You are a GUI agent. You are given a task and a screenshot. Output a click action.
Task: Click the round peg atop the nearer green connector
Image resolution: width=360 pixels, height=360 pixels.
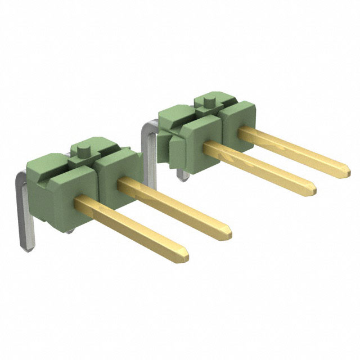click(83, 151)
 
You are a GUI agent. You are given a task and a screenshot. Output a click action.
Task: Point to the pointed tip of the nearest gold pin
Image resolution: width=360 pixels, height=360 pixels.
click(184, 256)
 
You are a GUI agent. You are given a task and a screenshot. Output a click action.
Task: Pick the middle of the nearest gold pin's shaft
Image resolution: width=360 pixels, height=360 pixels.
click(132, 227)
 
